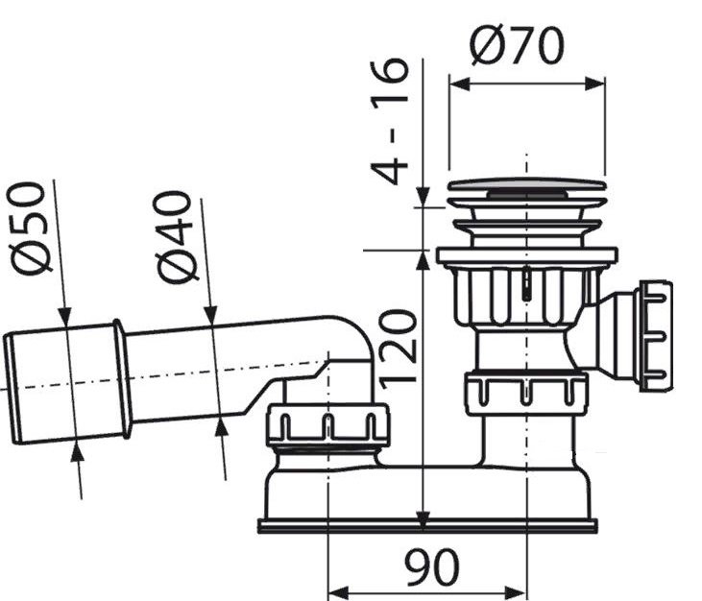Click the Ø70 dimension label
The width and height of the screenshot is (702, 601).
[517, 45]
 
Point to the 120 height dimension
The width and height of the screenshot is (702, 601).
[400, 347]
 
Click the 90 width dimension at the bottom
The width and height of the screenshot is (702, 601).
[431, 567]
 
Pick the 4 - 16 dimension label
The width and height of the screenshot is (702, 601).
[391, 120]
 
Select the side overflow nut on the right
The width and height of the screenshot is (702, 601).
[655, 335]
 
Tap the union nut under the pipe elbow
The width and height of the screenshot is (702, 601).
[327, 425]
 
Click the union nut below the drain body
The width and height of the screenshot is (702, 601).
[525, 393]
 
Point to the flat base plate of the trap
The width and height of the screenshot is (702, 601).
[427, 525]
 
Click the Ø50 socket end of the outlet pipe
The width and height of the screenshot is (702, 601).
[67, 383]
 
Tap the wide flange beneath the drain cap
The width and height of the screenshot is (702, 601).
[526, 256]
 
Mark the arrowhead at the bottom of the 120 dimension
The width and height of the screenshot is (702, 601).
[423, 519]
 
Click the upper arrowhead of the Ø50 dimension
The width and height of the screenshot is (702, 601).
[63, 317]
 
